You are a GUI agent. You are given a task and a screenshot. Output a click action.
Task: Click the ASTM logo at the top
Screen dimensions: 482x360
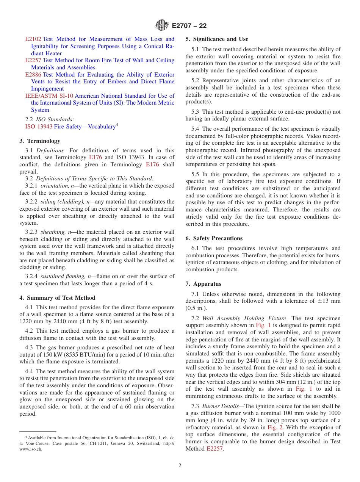tap(162, 26)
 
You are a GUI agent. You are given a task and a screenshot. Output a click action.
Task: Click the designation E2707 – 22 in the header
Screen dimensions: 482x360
tap(189, 26)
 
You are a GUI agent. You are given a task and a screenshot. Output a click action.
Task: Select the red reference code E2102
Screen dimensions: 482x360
tap(33, 39)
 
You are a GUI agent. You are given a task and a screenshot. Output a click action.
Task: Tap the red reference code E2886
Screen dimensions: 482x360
tap(33, 75)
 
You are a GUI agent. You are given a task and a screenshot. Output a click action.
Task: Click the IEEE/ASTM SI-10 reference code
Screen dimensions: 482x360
tap(49, 96)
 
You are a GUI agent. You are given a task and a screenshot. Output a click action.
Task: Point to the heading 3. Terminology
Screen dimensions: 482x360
tap(40, 141)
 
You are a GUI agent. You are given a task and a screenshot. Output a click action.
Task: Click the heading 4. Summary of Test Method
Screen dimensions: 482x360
tap(57, 298)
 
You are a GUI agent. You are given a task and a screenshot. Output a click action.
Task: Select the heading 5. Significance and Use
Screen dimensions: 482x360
tap(217, 39)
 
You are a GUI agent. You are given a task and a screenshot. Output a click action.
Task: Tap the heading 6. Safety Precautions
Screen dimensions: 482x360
tap(214, 238)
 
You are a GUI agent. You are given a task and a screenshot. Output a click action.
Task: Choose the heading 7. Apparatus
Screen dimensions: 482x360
tap(203, 284)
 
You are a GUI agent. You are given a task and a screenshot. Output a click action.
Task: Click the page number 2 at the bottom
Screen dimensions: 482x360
tap(180, 466)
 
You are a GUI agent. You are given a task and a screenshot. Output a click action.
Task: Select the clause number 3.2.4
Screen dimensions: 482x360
tap(31, 276)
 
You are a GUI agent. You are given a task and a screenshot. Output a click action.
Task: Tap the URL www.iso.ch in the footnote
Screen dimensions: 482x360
tap(31, 449)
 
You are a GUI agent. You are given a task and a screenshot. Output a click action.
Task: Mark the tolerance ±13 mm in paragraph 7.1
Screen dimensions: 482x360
tap(329, 301)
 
